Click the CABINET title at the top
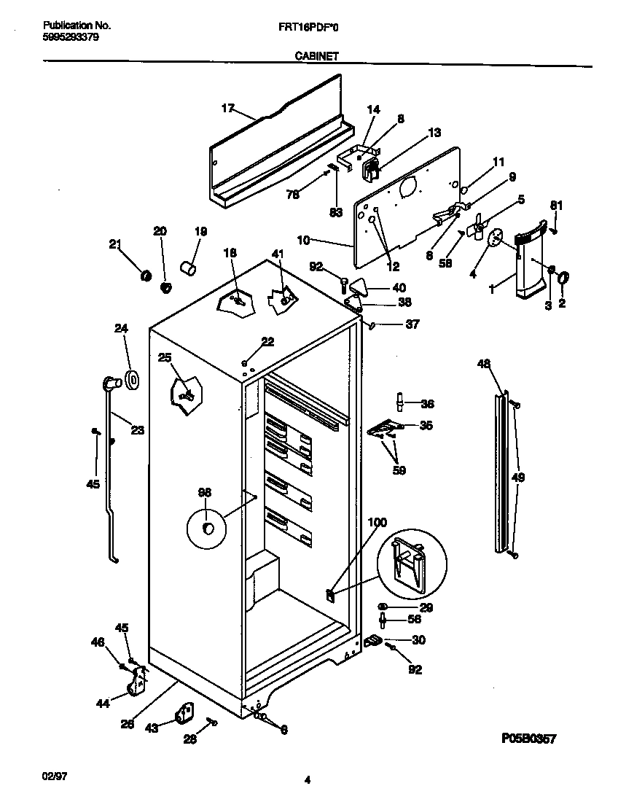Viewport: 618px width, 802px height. tap(316, 55)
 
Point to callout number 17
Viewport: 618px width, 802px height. tap(227, 108)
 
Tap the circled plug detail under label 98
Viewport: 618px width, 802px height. tap(208, 528)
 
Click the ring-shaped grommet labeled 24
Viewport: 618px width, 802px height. tap(132, 380)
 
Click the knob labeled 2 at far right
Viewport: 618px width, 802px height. tap(563, 278)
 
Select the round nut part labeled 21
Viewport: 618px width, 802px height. tap(144, 275)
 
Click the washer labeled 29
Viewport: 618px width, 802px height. tap(383, 607)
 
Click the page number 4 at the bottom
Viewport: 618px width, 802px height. tap(308, 780)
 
